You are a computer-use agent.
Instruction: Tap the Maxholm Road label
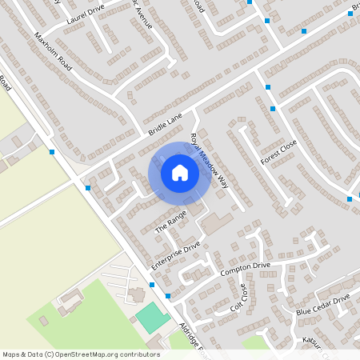coord(54,52)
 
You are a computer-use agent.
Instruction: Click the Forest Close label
coord(278,152)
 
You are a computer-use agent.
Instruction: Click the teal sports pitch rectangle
coord(152,318)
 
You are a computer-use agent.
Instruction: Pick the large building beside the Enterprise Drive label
coord(216,223)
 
